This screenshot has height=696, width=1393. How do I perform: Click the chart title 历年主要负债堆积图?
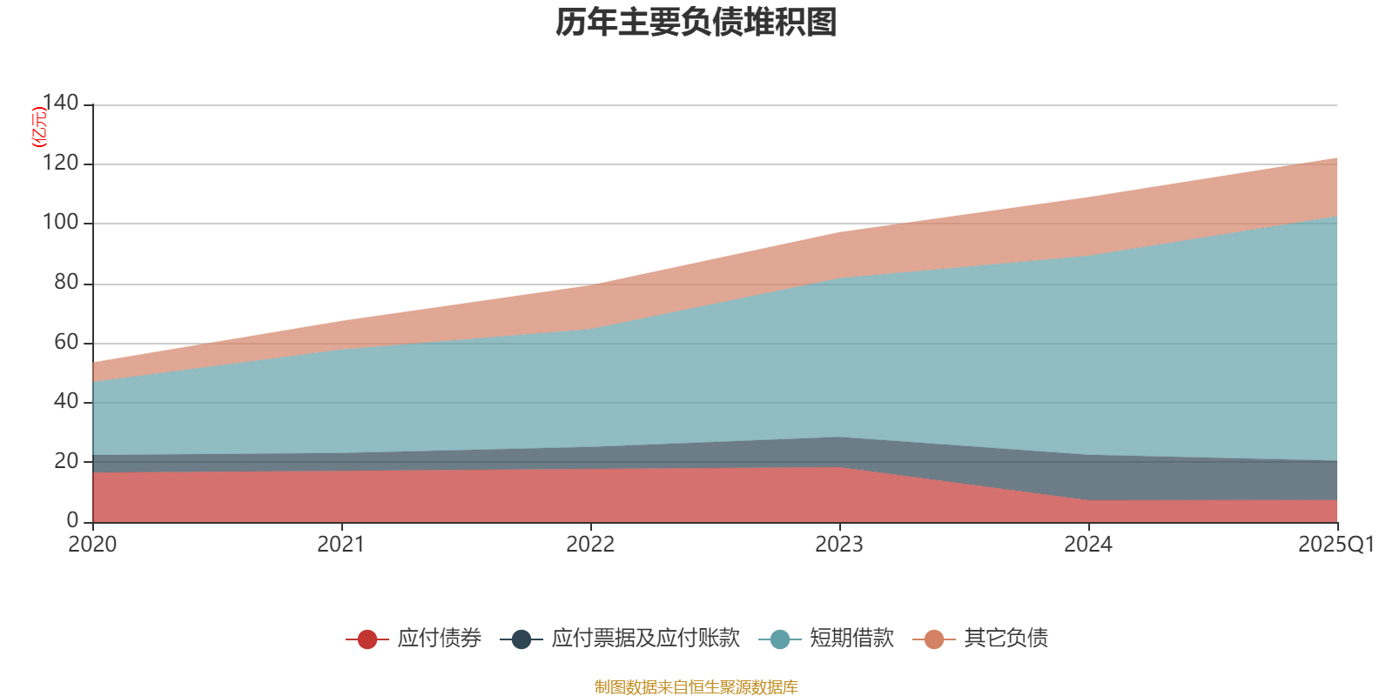pos(696,23)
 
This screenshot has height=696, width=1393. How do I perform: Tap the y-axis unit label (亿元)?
pos(39,127)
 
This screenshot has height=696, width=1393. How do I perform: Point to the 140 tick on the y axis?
pos(60,103)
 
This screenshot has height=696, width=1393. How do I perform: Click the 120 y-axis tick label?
pos(60,163)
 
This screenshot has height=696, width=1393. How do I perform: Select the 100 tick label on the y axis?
pos(60,222)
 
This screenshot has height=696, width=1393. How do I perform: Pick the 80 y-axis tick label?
pos(66,282)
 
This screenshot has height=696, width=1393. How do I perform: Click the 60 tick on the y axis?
pos(66,342)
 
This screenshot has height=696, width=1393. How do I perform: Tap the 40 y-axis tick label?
pos(66,401)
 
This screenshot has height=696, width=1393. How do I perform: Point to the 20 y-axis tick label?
pos(66,461)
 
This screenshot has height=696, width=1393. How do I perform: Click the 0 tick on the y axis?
pos(72,520)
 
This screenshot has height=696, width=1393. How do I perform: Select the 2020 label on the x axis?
pos(92,545)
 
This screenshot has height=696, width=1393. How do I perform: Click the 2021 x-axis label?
pos(341,545)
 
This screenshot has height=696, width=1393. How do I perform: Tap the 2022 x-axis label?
pos(590,545)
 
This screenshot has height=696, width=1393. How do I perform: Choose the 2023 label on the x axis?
pos(839,545)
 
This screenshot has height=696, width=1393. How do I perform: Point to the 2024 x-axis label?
pos(1088,545)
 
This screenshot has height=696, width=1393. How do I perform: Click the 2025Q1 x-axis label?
pos(1336,545)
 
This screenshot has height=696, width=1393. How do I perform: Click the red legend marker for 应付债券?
pos(367,639)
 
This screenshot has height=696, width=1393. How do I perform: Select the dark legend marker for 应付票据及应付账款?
pos(522,639)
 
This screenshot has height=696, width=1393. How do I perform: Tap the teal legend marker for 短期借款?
pos(780,639)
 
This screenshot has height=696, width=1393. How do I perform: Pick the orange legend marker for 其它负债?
pos(934,639)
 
